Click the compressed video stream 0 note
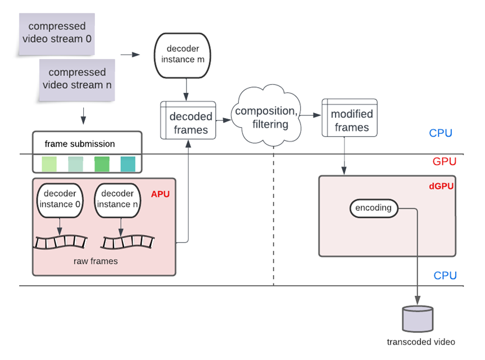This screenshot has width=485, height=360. click(x=56, y=33)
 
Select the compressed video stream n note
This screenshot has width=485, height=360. click(x=77, y=79)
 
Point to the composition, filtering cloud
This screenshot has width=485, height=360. click(x=270, y=118)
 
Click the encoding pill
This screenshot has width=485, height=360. click(x=373, y=208)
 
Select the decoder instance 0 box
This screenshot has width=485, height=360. click(x=60, y=200)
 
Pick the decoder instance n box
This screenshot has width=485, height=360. click(x=117, y=200)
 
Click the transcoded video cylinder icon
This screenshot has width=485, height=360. click(x=418, y=318)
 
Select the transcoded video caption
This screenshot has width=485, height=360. click(x=421, y=341)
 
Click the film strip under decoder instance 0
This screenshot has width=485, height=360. click(x=61, y=242)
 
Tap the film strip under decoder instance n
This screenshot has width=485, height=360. click(x=127, y=242)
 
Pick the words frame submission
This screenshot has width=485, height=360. click(x=80, y=144)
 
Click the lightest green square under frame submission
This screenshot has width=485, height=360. click(x=49, y=164)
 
